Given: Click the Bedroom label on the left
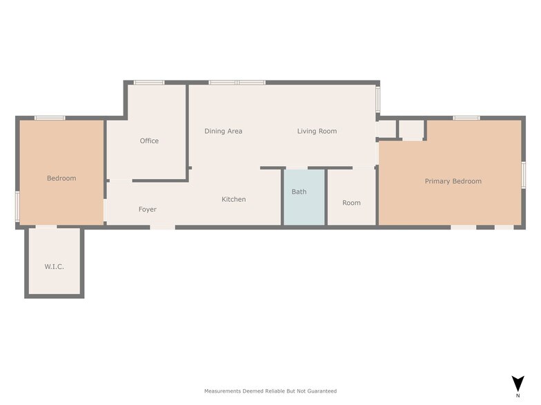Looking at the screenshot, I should (x=61, y=178).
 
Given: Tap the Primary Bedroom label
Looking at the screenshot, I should (x=453, y=181).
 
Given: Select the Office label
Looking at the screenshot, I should (x=149, y=141).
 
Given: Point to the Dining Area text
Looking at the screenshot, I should (x=223, y=131).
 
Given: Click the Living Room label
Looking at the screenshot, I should (x=317, y=131).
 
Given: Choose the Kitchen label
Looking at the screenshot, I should (x=233, y=199).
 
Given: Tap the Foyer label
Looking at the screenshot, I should (x=147, y=209).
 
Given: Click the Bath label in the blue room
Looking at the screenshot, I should (x=299, y=191).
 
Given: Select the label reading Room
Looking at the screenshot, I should (x=351, y=202).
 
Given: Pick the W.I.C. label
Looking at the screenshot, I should (x=54, y=266).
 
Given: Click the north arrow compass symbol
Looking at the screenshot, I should (x=518, y=383).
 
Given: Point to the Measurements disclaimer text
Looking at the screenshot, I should (x=270, y=391).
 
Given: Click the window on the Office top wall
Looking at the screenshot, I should (x=149, y=83).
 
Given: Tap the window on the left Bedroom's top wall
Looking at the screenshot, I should (x=50, y=118).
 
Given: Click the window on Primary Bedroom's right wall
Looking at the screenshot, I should (x=524, y=174).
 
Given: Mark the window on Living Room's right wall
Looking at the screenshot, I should (x=378, y=99).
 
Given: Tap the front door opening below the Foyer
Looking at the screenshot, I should (x=162, y=227).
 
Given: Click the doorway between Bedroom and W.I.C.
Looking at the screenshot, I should (x=46, y=227).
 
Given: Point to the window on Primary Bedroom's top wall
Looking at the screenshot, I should (x=466, y=118).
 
